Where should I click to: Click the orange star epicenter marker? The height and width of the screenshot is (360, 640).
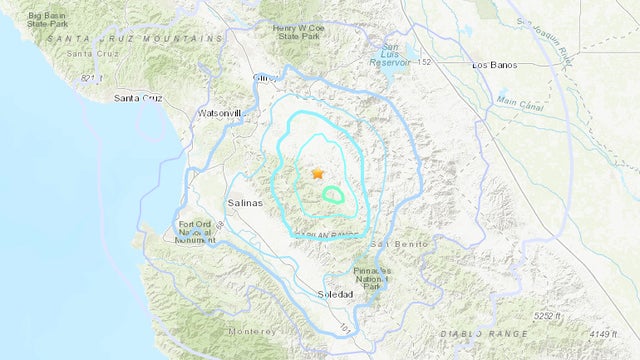tap(318, 173)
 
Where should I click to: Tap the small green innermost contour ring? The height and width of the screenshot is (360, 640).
tap(333, 195)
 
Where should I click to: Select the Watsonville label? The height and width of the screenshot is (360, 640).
tap(221, 114)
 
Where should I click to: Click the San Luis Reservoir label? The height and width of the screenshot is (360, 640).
tap(396, 58)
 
